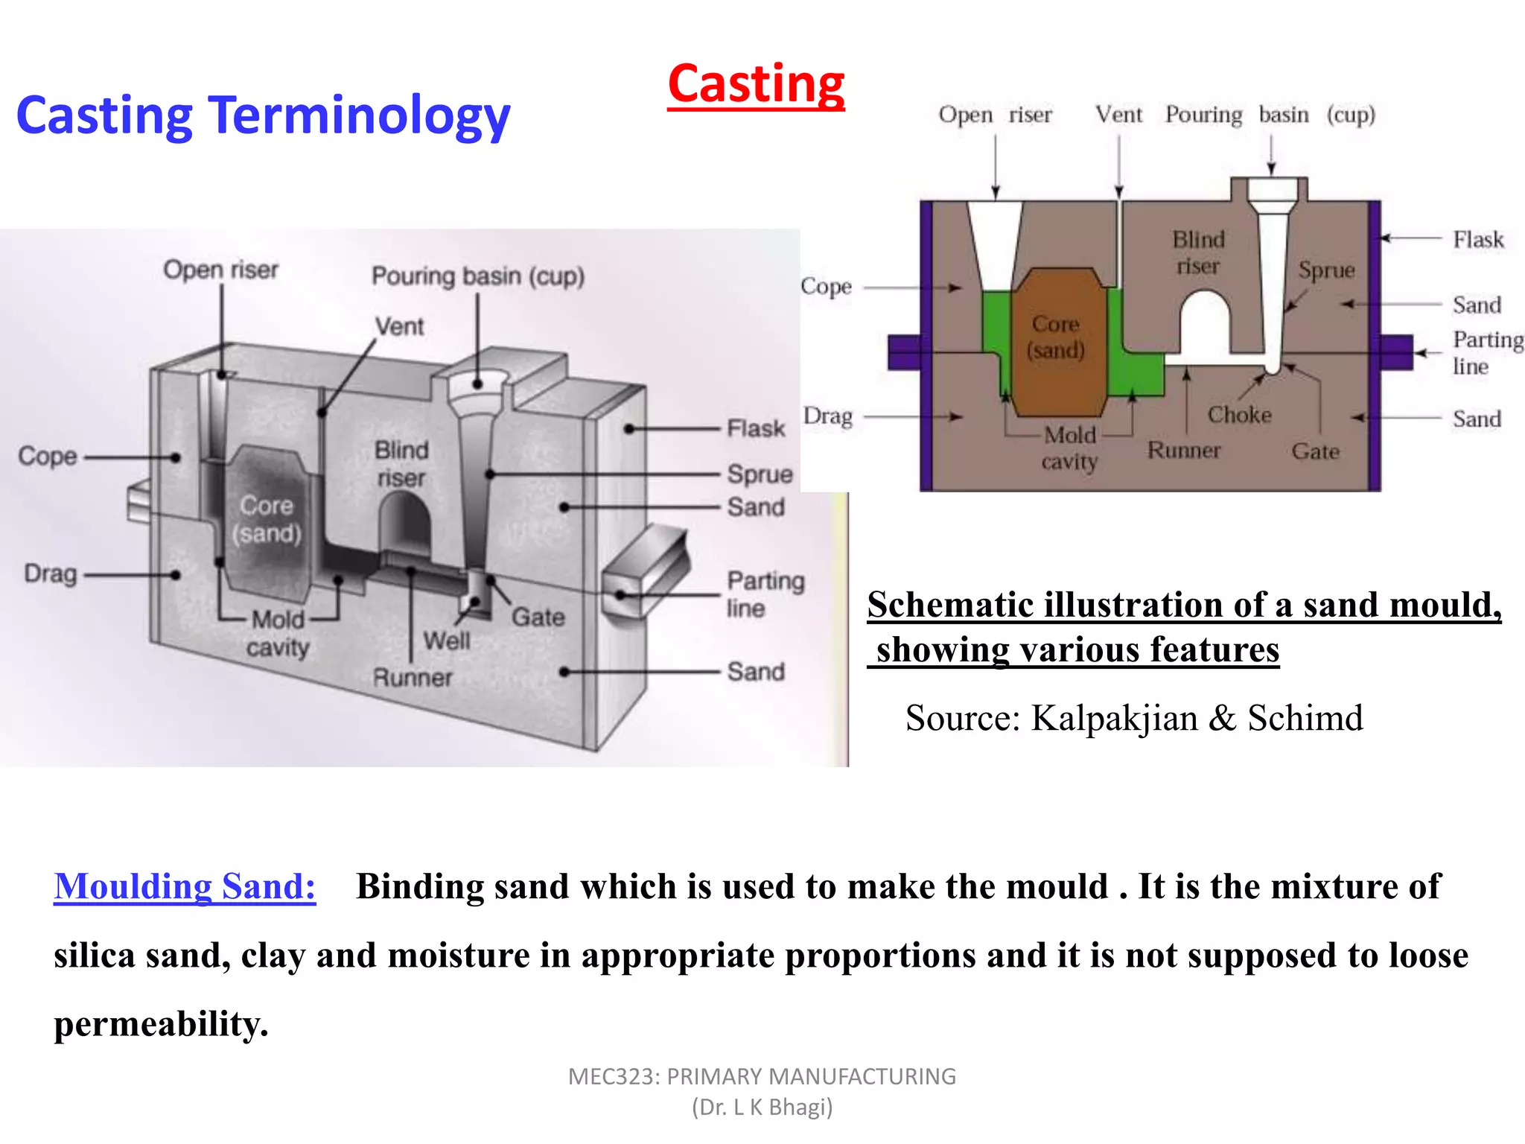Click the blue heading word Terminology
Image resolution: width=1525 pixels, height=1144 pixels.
pos(359,115)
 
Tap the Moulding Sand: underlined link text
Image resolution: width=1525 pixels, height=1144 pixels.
pos(185,886)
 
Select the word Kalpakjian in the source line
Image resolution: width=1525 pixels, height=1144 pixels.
pos(1114,719)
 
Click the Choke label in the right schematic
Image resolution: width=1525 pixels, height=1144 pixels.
pos(1239,415)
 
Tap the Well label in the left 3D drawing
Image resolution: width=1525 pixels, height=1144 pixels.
pos(447,641)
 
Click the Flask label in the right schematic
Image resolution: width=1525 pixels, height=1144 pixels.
pos(1478,240)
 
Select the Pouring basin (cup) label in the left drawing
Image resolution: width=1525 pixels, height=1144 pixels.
pos(478,276)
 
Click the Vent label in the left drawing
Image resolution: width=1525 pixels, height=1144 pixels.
pos(399,326)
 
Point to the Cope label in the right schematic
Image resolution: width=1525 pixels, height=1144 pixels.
pos(826,287)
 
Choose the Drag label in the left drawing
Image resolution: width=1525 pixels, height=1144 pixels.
pos(51,573)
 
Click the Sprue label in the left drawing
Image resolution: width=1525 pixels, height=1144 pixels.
pos(760,474)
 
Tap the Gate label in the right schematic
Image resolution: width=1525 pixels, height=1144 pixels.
pos(1315,451)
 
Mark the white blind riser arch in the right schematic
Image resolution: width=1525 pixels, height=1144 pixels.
pos(1204,324)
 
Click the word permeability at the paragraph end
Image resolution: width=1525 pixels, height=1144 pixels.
pos(160,1025)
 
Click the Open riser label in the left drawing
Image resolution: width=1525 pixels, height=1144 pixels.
pos(220,270)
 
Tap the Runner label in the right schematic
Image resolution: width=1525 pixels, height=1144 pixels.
pos(1184,451)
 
